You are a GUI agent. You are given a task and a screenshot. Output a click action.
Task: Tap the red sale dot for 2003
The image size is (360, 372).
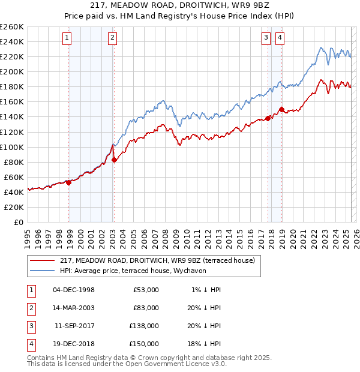click(114, 159)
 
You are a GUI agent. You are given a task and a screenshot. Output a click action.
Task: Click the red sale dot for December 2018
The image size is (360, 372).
click(281, 109)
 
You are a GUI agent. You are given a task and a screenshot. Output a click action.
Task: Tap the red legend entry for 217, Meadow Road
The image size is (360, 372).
click(158, 260)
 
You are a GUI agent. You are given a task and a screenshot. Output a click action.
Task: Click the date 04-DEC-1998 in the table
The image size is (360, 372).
click(74, 290)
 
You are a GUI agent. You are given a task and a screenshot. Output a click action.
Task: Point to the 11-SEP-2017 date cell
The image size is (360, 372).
click(74, 326)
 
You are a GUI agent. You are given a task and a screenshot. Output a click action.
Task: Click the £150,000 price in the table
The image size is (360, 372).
click(144, 344)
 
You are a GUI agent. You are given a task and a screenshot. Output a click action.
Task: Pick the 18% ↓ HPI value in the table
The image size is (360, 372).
click(204, 344)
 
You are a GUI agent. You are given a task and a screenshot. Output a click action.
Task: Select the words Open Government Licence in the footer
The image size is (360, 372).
click(170, 364)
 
